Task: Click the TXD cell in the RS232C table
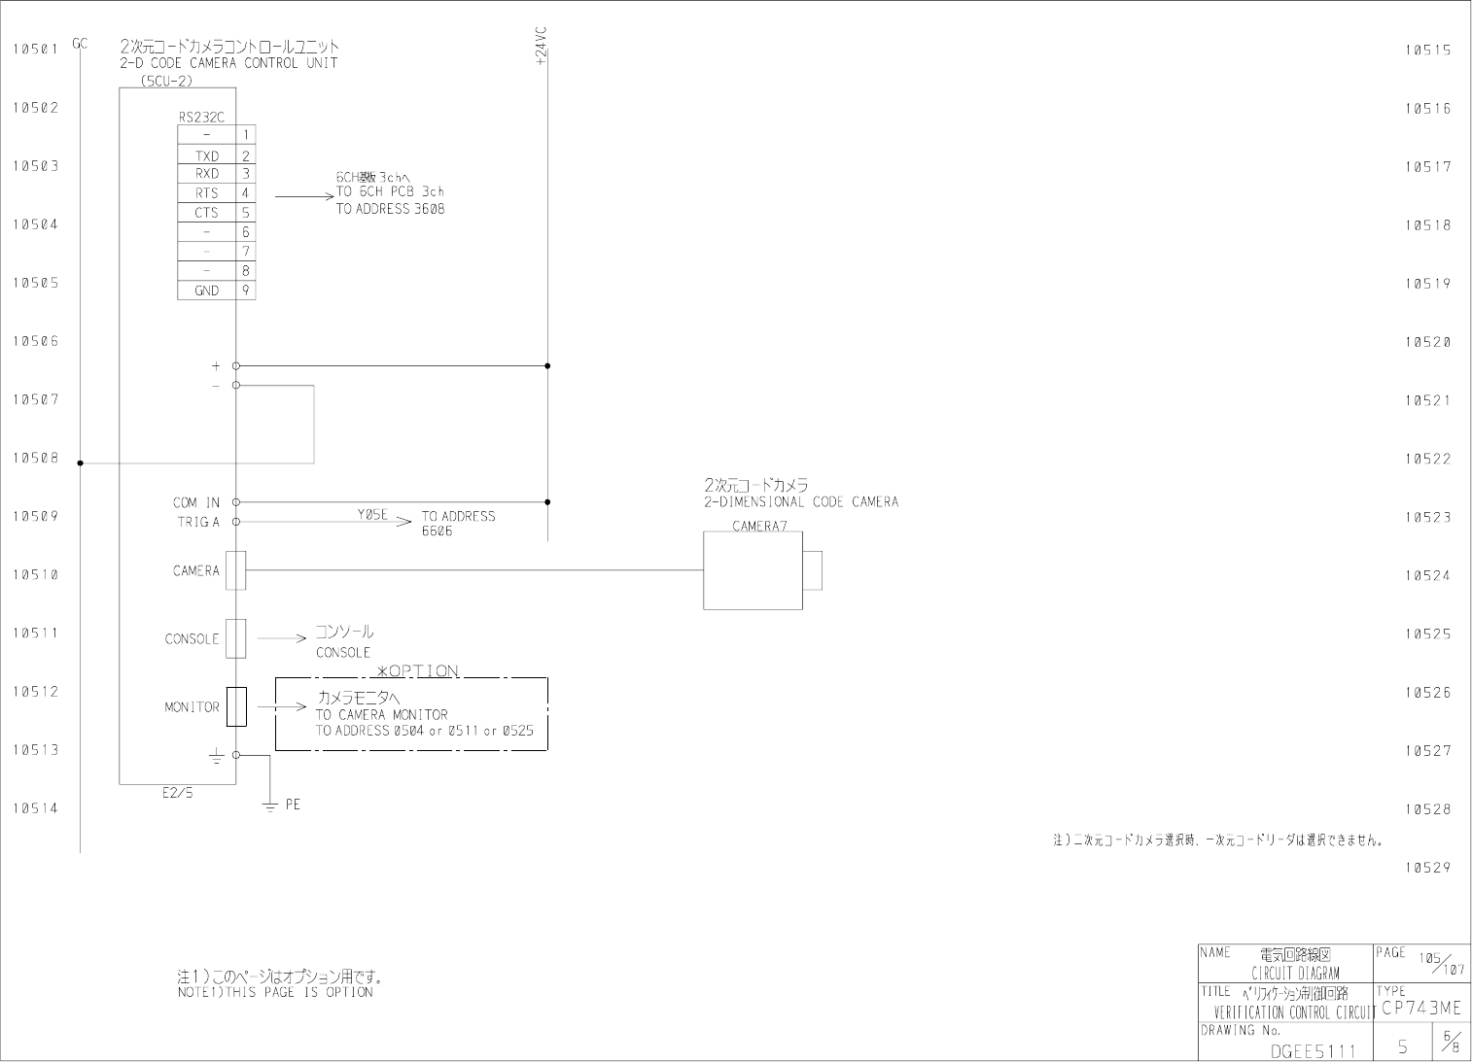point(207,155)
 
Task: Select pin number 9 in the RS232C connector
point(246,290)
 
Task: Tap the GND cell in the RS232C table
point(207,291)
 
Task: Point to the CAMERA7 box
point(753,570)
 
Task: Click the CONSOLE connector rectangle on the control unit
point(235,638)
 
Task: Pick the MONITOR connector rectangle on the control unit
point(235,706)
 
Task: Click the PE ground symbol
point(271,805)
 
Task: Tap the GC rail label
point(80,44)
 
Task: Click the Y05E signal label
point(371,515)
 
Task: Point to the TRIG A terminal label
point(198,522)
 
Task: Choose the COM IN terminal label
point(196,502)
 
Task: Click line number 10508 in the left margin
point(35,458)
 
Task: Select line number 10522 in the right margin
point(1427,459)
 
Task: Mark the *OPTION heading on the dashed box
point(417,670)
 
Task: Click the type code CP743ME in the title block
point(1419,1009)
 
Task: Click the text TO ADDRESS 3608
point(390,209)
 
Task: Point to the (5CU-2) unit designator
point(166,81)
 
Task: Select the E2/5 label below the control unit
point(177,793)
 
